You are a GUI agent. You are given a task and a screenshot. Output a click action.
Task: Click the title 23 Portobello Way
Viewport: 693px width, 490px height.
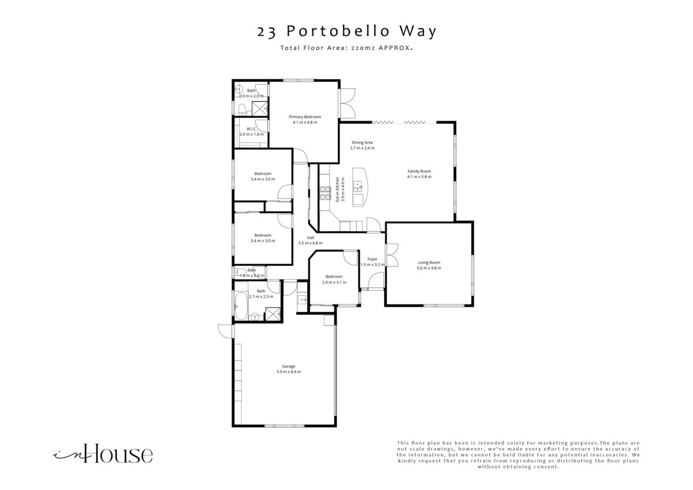[x=346, y=32]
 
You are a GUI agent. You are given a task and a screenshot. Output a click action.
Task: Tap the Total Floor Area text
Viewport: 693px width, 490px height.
[x=346, y=48]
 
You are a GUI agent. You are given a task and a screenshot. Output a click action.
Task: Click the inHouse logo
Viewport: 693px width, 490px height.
[x=103, y=454]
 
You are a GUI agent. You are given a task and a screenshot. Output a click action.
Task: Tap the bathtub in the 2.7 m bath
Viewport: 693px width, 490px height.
[x=241, y=306]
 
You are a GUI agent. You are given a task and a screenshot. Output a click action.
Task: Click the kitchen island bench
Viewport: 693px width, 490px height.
[x=360, y=187]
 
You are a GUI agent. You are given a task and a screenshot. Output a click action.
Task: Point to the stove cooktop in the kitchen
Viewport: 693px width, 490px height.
[x=325, y=193]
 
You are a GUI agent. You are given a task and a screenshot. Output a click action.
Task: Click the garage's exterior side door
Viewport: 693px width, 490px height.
[x=225, y=331]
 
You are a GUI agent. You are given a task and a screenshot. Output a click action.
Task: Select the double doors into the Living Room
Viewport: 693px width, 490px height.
[x=392, y=255]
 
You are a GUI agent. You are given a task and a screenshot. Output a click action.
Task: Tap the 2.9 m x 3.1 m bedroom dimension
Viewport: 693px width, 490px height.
[x=334, y=283]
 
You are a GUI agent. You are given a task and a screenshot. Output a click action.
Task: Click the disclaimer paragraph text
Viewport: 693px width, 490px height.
[x=518, y=455]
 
